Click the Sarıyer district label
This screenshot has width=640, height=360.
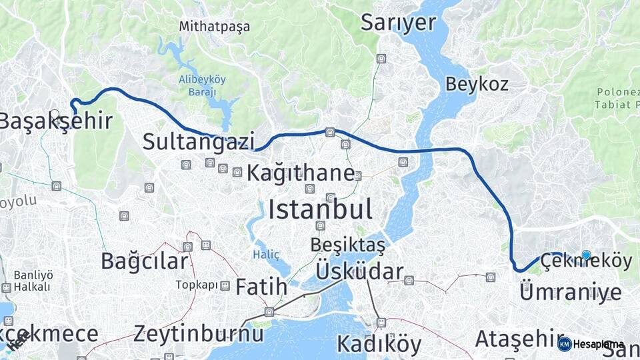pos(398,23)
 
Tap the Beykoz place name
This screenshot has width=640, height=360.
pos(477,84)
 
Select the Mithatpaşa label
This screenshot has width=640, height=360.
pos(214,27)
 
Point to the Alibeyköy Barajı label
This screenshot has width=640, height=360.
pos(202,85)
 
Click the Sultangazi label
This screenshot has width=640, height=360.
pos(199,141)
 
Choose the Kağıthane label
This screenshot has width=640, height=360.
pos(301,173)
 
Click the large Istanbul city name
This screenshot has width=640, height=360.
pos(320,210)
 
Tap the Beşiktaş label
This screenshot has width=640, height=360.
pos(347,245)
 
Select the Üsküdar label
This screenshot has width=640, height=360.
pos(359,272)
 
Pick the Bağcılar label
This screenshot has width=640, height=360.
pos(144,261)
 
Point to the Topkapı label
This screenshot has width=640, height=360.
pos(197,285)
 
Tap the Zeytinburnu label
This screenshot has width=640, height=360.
pos(199,333)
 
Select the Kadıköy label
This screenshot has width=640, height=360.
pos(379,344)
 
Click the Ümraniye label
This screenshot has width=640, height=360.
pos(570,292)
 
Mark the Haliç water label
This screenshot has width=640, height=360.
pos(266,255)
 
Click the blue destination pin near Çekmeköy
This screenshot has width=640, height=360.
pos(586,255)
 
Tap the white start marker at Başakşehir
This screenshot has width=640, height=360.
pos(54,114)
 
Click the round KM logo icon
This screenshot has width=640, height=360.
pos(565,344)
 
